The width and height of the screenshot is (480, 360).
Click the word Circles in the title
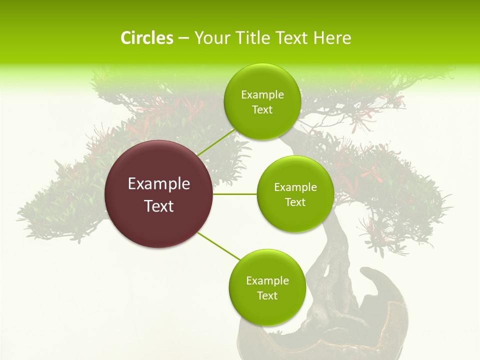[146, 38]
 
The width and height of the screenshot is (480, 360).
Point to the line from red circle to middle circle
[235, 194]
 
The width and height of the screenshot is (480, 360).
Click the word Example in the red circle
[159, 184]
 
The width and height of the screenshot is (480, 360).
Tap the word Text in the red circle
[159, 206]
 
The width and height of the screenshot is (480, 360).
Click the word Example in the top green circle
[262, 95]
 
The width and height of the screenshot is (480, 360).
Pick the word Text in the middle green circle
[295, 202]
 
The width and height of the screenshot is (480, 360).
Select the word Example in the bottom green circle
[267, 280]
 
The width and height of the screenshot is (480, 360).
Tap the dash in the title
[183, 38]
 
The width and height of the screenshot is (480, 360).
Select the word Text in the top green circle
[262, 110]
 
